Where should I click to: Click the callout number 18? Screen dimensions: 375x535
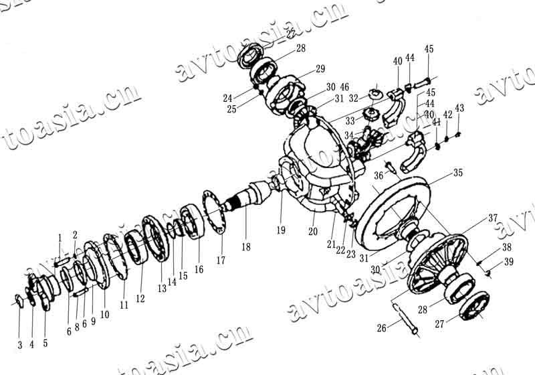pyautogui.click(x=246, y=247)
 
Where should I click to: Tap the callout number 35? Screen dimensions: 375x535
pyautogui.click(x=457, y=172)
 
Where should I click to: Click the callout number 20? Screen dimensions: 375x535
pyautogui.click(x=312, y=232)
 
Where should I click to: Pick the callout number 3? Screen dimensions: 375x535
pyautogui.click(x=20, y=345)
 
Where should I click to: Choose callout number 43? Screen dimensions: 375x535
pyautogui.click(x=459, y=108)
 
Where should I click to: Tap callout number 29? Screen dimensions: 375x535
pyautogui.click(x=320, y=69)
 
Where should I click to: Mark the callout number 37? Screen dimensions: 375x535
pyautogui.click(x=492, y=218)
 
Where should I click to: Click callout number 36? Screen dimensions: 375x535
pyautogui.click(x=379, y=175)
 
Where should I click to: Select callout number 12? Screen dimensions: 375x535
pyautogui.click(x=140, y=298)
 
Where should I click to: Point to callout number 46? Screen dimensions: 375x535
pyautogui.click(x=344, y=88)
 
